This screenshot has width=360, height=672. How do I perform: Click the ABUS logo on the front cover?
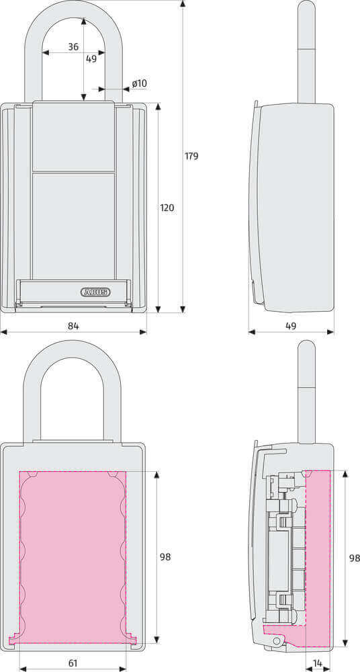click(x=95, y=292)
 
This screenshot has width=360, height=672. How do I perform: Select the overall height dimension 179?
click(x=191, y=156)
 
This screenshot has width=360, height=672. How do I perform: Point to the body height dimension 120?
click(x=167, y=208)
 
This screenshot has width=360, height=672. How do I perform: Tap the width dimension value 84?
click(x=73, y=326)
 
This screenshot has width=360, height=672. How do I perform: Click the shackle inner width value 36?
click(x=73, y=46)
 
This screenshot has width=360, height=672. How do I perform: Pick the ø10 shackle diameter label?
click(x=139, y=83)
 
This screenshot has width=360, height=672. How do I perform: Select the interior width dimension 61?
click(x=73, y=663)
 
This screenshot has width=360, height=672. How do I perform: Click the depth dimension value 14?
click(x=318, y=663)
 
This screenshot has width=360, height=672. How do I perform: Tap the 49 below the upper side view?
click(x=291, y=326)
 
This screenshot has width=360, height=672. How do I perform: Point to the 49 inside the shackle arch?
click(x=91, y=58)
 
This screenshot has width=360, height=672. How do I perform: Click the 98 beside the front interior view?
click(x=165, y=557)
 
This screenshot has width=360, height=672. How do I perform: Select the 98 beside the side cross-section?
click(x=354, y=558)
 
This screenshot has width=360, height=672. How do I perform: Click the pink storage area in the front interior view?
click(x=73, y=558)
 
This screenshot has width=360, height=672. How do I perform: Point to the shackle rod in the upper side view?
click(x=306, y=54)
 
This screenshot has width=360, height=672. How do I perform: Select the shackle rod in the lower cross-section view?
click(x=306, y=396)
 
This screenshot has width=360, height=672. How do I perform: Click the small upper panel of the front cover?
click(x=73, y=136)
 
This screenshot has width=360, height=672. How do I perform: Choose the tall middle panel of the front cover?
click(x=73, y=225)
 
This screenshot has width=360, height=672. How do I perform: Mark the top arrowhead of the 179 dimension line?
click(x=183, y=4)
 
